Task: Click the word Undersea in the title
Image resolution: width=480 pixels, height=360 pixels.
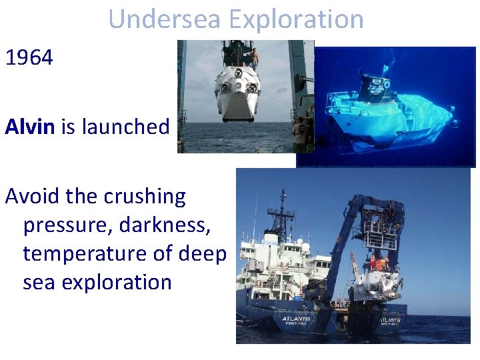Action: (x=164, y=19)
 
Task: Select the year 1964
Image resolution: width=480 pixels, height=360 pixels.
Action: (x=29, y=58)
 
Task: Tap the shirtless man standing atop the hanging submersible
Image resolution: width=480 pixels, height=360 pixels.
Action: (x=254, y=59)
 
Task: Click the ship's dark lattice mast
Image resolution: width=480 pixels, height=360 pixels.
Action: (x=283, y=213)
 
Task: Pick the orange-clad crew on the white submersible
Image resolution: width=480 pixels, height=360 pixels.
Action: (x=381, y=263)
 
